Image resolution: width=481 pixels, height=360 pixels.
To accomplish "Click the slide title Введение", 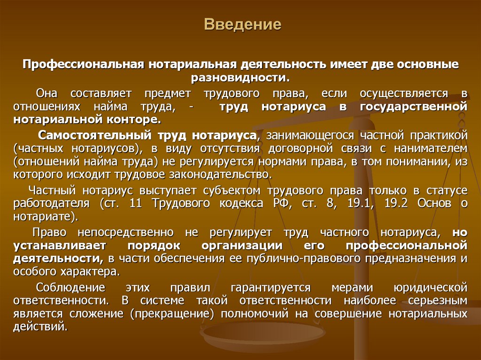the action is click(242, 24).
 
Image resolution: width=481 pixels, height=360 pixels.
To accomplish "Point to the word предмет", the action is click(167, 93).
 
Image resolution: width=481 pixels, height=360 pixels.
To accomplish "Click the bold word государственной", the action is click(413, 107).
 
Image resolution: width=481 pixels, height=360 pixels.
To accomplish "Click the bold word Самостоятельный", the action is click(95, 135).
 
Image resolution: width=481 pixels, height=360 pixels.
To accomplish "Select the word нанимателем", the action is click(431, 148).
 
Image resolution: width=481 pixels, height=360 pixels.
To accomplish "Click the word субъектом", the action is click(232, 191).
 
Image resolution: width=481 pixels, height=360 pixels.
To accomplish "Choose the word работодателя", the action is click(52, 204).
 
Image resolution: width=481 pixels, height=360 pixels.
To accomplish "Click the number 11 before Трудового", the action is click(136, 203).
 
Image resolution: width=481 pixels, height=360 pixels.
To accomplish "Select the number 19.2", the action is click(396, 203).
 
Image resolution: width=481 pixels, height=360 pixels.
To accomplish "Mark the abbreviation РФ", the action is click(281, 204).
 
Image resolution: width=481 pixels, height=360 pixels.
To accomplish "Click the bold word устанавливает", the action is click(60, 245).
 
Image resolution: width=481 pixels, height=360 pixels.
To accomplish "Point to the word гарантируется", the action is click(271, 288).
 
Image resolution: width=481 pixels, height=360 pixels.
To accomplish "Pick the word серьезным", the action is click(438, 300).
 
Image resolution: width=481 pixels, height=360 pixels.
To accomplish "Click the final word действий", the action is click(40, 327).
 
